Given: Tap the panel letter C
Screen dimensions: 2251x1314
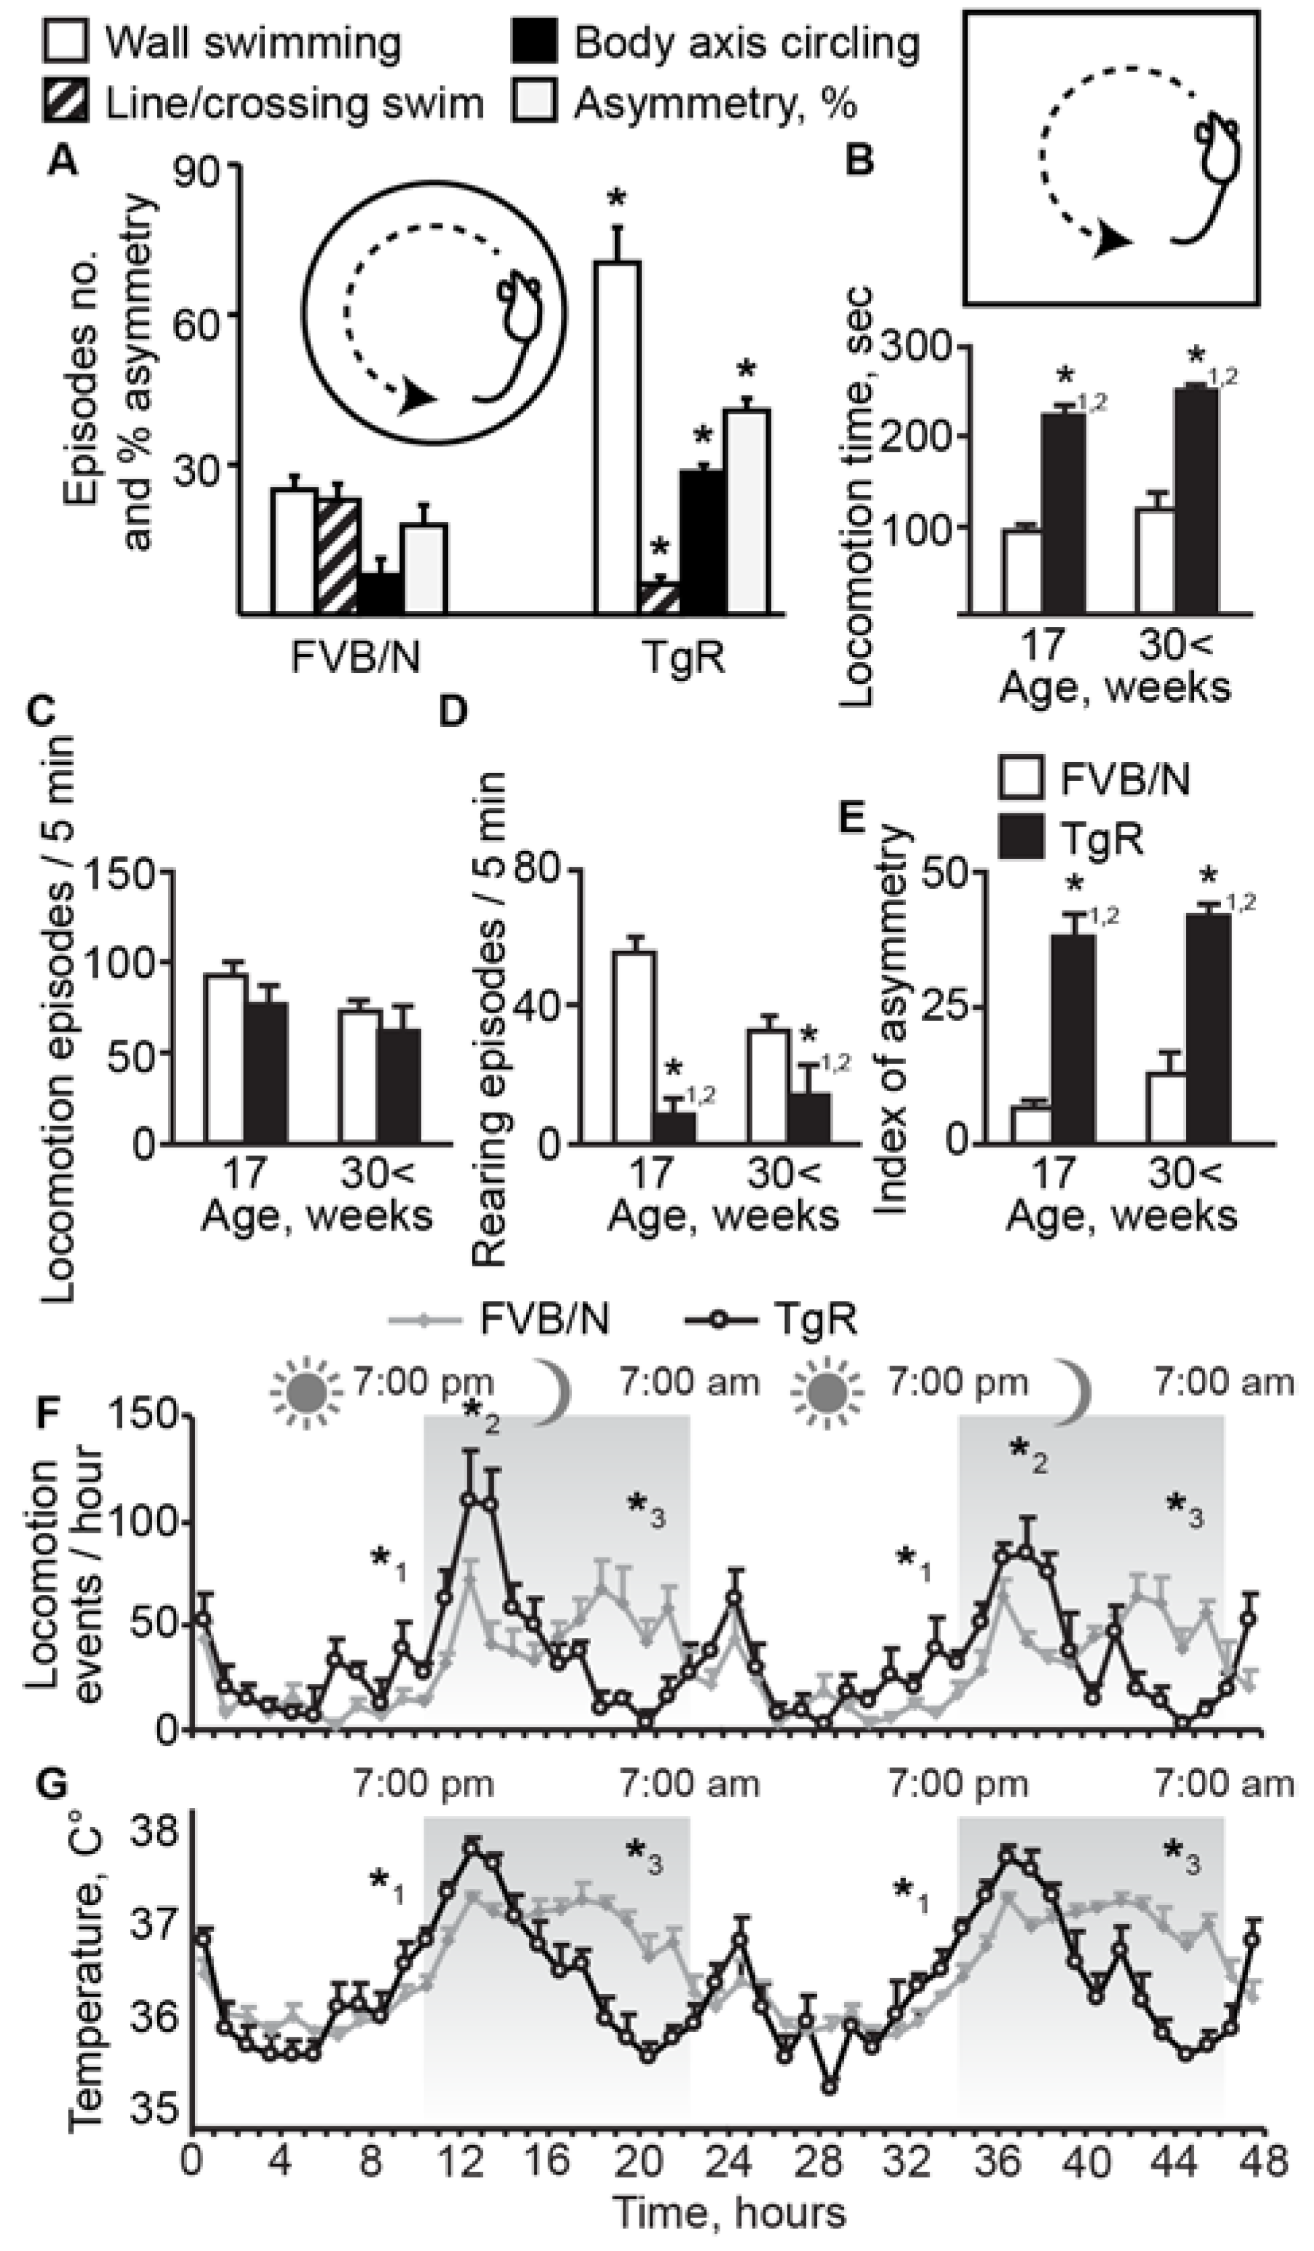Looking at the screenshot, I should click(43, 712).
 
